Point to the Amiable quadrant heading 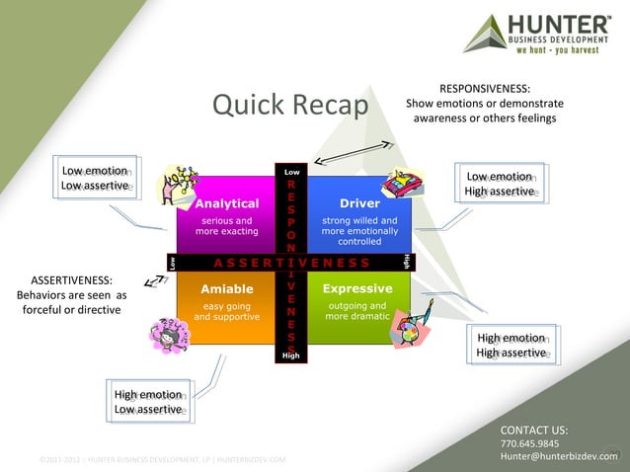(x=227, y=289)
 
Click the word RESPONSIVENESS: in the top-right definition (x=484, y=88)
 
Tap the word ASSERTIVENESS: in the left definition (x=71, y=279)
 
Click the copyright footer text (x=163, y=460)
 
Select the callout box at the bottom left (x=147, y=402)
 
